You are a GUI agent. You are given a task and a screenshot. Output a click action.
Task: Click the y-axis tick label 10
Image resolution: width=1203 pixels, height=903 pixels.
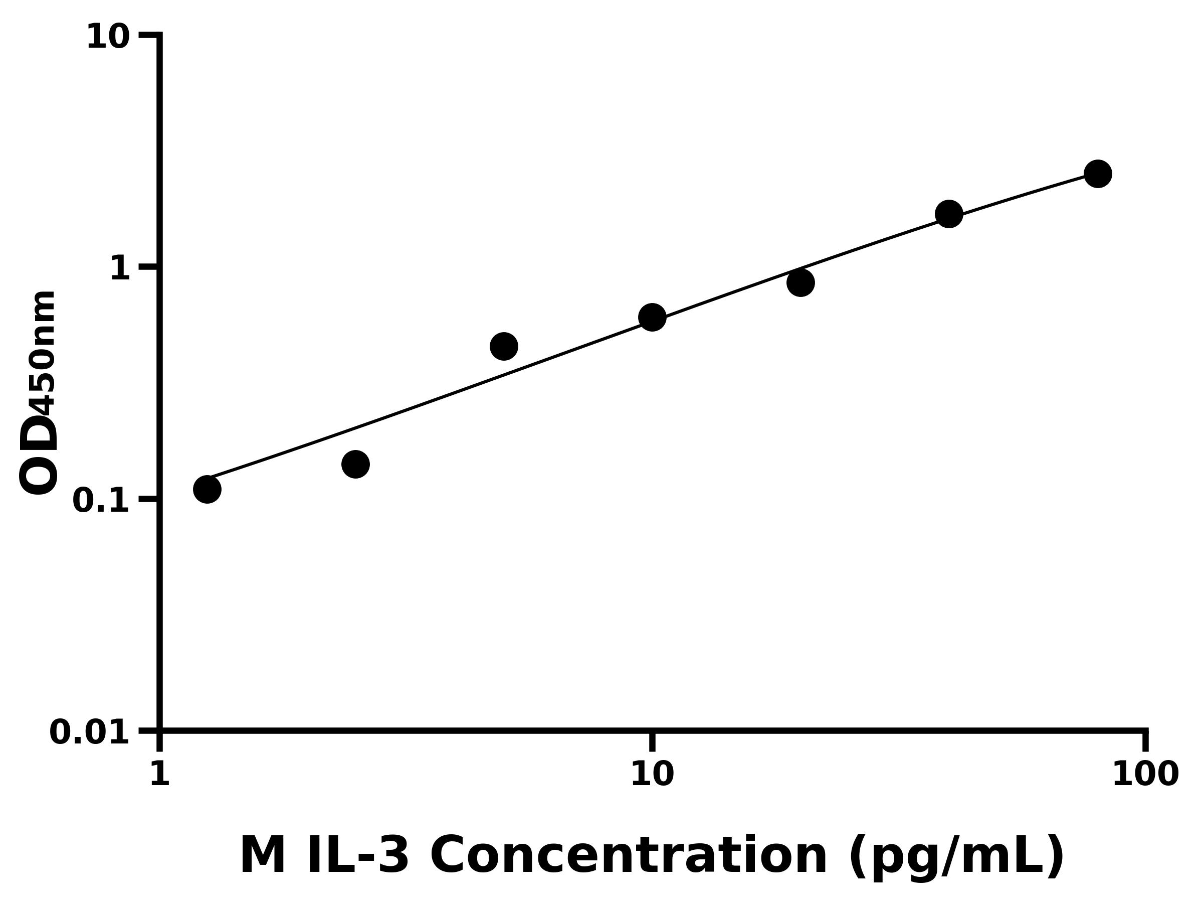[108, 38]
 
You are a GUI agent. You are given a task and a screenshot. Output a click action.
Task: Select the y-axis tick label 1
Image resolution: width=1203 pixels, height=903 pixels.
[120, 269]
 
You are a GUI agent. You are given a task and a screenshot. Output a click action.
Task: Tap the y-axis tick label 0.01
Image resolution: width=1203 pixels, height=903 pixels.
[90, 732]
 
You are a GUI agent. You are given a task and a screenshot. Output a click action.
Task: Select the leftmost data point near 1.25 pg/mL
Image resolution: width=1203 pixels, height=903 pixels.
[207, 489]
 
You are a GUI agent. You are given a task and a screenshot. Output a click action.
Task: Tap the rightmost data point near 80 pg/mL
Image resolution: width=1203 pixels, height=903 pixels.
[1098, 174]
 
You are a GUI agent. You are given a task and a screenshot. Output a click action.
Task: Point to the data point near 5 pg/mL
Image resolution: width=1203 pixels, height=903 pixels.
[504, 346]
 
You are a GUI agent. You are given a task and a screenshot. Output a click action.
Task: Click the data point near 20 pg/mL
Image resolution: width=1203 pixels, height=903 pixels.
[800, 282]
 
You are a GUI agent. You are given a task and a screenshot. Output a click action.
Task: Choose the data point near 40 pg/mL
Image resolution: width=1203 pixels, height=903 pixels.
[949, 213]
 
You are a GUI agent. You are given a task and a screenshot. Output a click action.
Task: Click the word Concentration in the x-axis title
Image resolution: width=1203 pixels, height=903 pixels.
[628, 856]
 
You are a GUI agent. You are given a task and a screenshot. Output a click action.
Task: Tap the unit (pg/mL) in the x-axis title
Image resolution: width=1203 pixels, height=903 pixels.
[955, 857]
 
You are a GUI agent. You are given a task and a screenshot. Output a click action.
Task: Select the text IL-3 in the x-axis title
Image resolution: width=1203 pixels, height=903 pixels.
[357, 856]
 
